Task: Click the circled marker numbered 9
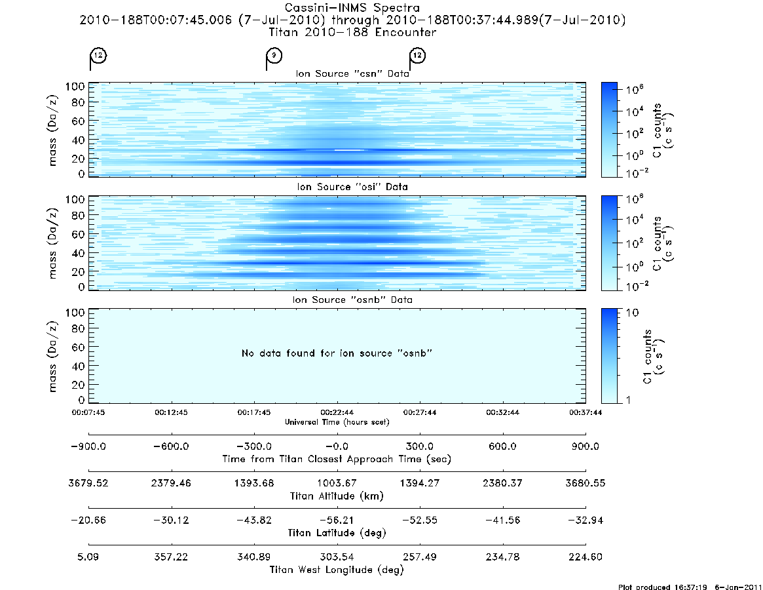[x=274, y=55]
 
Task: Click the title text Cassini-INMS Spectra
[x=352, y=8]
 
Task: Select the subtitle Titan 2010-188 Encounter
[x=352, y=32]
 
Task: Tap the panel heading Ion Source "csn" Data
[x=352, y=73]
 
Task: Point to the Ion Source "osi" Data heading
[x=352, y=187]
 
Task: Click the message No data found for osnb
[x=337, y=353]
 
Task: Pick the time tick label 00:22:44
[x=337, y=412]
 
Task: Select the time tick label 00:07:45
[x=88, y=412]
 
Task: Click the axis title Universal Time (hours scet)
[x=337, y=422]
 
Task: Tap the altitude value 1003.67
[x=337, y=483]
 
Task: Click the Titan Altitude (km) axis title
[x=337, y=496]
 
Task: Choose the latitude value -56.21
[x=337, y=521]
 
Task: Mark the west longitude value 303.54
[x=337, y=557]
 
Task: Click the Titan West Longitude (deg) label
[x=337, y=570]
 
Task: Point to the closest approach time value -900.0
[x=88, y=446]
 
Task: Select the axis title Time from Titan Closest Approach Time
[x=337, y=459]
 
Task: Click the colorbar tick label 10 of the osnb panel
[x=632, y=313]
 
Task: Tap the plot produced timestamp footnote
[x=690, y=587]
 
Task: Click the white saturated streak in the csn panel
[x=349, y=150]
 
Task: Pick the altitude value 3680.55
[x=586, y=483]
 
